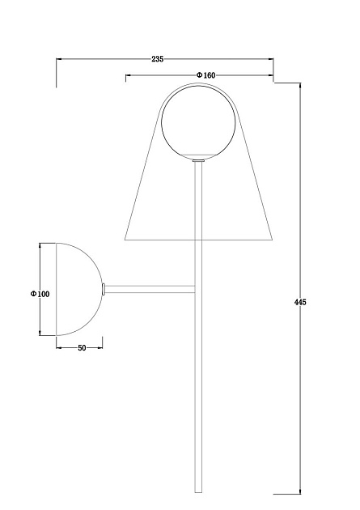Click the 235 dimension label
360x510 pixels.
158,58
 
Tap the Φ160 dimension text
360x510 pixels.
205,75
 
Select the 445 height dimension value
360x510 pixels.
300,302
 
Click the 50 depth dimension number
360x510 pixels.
82,347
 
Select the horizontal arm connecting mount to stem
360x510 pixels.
150,288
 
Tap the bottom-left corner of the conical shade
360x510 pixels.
125,240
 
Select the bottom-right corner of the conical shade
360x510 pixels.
273,240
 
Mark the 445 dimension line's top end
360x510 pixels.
301,83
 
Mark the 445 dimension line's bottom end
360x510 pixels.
301,492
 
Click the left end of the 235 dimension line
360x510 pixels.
56,58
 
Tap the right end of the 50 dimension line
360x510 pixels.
103,347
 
